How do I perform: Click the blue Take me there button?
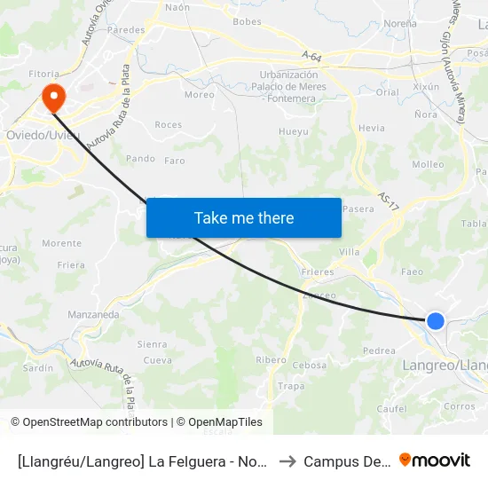244,217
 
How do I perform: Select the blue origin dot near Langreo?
435,321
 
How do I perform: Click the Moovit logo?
435,460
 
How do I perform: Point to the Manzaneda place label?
93,314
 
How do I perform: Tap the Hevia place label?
372,128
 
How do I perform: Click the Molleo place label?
428,164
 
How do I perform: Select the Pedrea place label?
379,350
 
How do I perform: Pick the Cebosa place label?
310,365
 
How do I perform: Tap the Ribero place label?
271,359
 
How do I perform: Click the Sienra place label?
152,343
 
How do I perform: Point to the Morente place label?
61,243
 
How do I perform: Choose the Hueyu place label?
294,131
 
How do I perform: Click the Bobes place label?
245,21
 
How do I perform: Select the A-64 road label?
311,55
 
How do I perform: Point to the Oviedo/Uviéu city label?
43,135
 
